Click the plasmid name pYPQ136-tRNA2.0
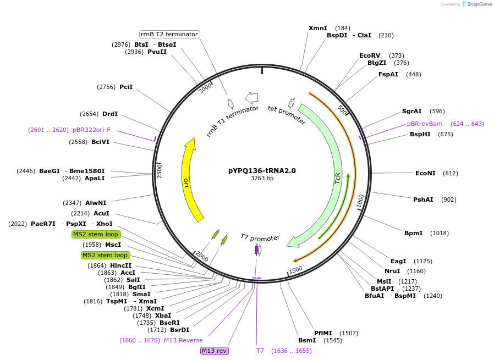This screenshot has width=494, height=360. coord(262,170)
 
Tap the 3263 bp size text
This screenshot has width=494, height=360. coord(262,179)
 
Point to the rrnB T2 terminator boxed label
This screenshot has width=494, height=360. coord(169,34)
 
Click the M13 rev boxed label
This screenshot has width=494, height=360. coord(214,351)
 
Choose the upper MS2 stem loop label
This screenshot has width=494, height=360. coord(96,234)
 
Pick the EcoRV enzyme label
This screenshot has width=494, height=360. coord(370,56)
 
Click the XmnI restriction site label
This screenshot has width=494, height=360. coord(317,28)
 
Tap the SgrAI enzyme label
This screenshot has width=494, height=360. coord(411,111)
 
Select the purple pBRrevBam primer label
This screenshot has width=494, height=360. coord(425,124)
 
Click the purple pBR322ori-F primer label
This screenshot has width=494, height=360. coord(91,130)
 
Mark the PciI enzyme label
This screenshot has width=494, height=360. coord(126,87)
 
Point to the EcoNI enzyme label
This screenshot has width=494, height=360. coord(425,173)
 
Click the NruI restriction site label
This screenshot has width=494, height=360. coord(392,271)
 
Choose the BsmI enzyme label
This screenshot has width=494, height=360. coord(307,340)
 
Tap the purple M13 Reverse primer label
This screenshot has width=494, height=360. coord(183,340)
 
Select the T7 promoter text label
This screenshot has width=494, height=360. coord(260,237)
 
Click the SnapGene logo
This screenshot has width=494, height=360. coord(476,4)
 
